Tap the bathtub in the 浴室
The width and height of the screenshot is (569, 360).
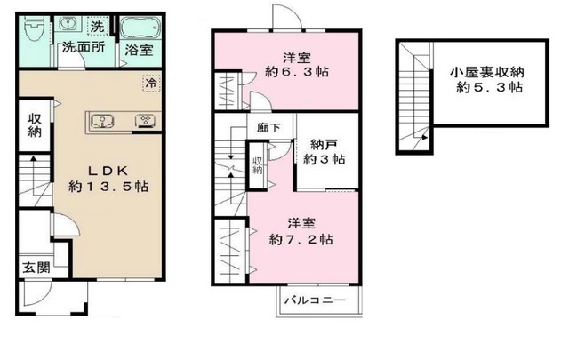pos(140,28)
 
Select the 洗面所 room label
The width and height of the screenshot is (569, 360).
pos(84,47)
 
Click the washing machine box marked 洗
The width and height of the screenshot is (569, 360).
pos(97,26)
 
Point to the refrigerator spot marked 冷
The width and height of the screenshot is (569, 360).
pos(151,83)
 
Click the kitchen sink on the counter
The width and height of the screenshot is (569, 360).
pos(103,121)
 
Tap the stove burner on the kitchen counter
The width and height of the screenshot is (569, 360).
pos(145,121)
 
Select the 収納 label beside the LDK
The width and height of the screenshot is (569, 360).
pos(35,125)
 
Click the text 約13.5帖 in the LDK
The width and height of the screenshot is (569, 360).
pos(108,187)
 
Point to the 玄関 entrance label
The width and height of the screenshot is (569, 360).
pos(36,268)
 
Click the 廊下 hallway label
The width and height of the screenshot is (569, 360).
pos(268,128)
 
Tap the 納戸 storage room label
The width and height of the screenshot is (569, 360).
pos(323,145)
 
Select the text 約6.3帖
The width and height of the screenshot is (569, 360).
pos(297,72)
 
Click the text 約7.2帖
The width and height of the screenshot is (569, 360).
pos(301,239)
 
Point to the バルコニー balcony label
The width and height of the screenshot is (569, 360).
pos(315,300)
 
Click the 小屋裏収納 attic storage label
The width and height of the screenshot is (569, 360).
pos(487,72)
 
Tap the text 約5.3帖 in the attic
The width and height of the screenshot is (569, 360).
pos(489,87)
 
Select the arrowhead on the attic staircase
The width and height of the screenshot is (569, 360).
pos(424,137)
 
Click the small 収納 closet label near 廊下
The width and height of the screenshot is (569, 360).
pos(258,165)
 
